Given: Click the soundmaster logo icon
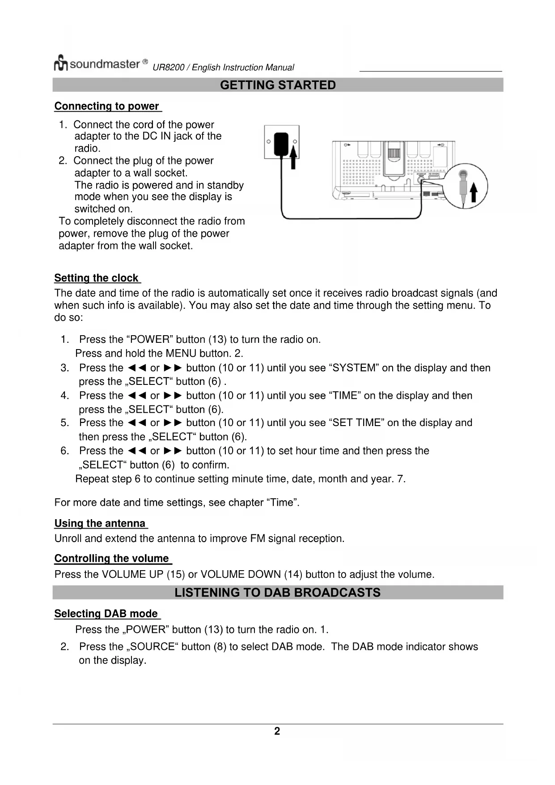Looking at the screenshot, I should (x=61, y=64).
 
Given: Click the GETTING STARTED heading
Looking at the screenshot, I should (x=278, y=85).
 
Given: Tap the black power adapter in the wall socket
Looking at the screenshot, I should (x=281, y=142).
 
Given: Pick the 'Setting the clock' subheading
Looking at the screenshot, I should (x=97, y=278).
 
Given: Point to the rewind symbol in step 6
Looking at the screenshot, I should (x=137, y=451).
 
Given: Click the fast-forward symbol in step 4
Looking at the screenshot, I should (x=172, y=396).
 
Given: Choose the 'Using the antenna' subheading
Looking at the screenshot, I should (x=100, y=524).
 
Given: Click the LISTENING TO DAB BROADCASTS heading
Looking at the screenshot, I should (x=277, y=593).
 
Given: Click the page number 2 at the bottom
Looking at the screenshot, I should (x=277, y=731).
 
